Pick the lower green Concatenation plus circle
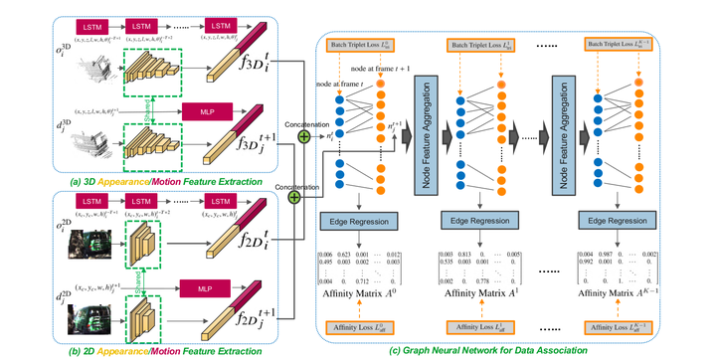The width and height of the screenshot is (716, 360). point(294,198)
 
